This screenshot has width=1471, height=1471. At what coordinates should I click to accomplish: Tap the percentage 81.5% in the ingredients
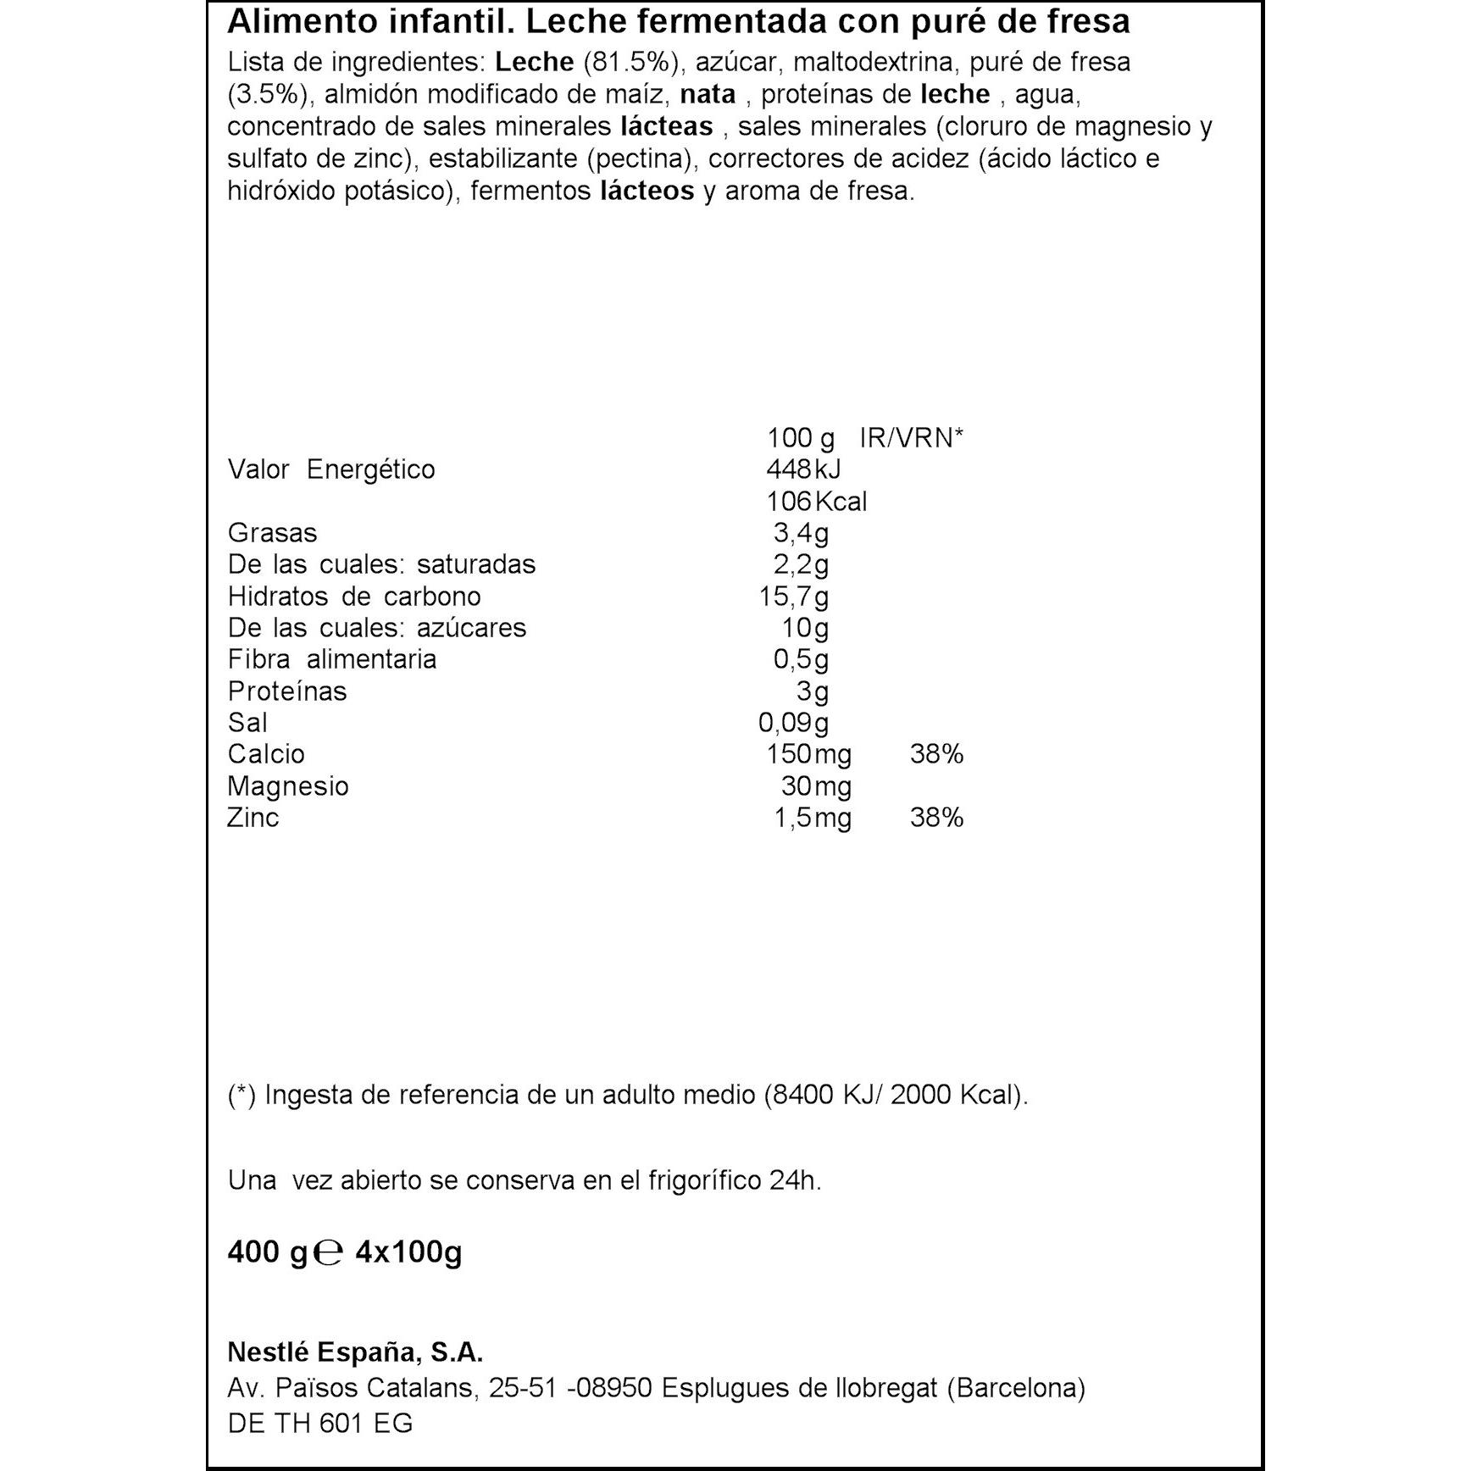pos(631,62)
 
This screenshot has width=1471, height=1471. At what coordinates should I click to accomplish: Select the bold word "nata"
pos(708,94)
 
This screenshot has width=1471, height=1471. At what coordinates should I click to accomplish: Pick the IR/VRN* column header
pos(911,438)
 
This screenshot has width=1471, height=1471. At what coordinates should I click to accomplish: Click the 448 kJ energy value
pos(802,469)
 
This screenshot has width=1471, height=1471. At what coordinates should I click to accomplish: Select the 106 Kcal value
pos(815,502)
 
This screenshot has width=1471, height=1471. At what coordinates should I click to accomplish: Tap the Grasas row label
pos(272,533)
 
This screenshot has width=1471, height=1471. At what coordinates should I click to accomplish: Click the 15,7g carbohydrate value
pos(793,597)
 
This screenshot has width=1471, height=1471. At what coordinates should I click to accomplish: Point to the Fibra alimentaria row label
pos(331,659)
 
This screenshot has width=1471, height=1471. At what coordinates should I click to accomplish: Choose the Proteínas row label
pos(287,691)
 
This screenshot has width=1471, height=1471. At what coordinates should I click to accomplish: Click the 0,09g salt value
pos(793,723)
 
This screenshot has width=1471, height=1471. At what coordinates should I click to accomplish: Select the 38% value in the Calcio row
pos(936,754)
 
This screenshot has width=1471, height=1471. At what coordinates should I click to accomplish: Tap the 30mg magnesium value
pos(815,786)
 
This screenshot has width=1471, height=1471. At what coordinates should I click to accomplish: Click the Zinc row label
pos(253,818)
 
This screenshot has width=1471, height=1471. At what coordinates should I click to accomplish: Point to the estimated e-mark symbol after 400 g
pos(328,1253)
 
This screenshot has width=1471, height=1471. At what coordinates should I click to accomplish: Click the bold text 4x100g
pos(408,1252)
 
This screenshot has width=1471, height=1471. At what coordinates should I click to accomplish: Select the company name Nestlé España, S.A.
pos(355,1352)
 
